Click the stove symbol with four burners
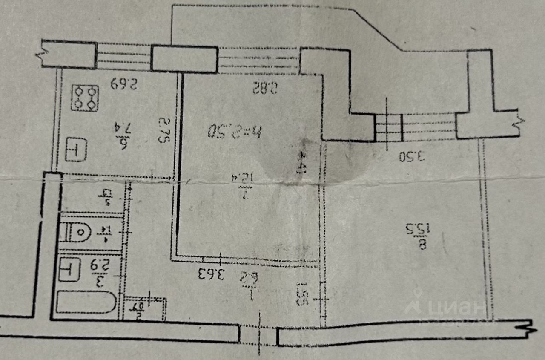pyautogui.click(x=85, y=98)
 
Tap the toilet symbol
pyautogui.click(x=76, y=233)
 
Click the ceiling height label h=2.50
pyautogui.click(x=235, y=130)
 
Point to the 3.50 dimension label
pyautogui.click(x=412, y=157)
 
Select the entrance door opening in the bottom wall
pyautogui.click(x=258, y=334)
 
